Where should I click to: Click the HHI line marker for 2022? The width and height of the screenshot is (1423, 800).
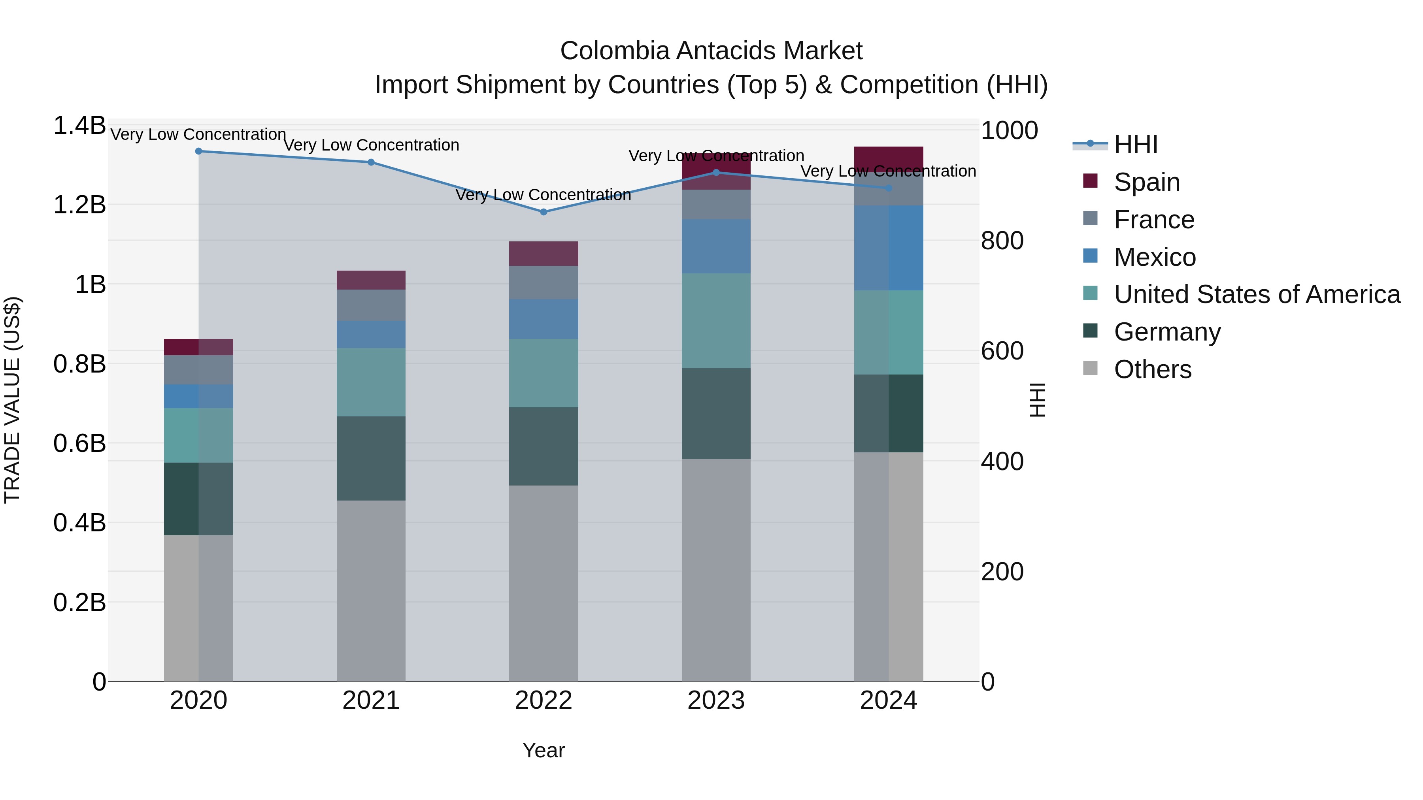pos(543,212)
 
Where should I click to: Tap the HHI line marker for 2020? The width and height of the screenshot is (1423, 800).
pos(199,151)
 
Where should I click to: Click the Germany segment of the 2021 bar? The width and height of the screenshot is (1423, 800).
pos(371,458)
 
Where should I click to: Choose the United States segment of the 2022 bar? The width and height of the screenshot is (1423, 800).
pos(543,373)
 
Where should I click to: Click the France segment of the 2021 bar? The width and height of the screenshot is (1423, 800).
pos(371,305)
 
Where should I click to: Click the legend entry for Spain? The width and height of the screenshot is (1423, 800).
pos(1146,182)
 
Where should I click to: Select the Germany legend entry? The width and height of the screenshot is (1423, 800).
pos(1167,332)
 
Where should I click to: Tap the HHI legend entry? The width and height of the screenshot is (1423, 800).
pos(1135,145)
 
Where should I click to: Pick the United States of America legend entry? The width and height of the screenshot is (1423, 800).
pos(1257,294)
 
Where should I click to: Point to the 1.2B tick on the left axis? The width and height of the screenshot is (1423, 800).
pos(79,205)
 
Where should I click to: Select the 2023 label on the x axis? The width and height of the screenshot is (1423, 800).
pos(715,700)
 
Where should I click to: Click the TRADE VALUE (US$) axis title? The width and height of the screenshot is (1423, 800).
pos(12,400)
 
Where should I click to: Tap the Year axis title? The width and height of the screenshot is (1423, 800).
pos(543,750)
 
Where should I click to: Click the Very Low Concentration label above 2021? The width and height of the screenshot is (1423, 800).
pos(371,145)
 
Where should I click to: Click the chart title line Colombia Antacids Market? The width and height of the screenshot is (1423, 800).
pos(711,51)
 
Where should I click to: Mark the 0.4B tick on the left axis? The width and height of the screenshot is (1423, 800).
pos(79,522)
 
